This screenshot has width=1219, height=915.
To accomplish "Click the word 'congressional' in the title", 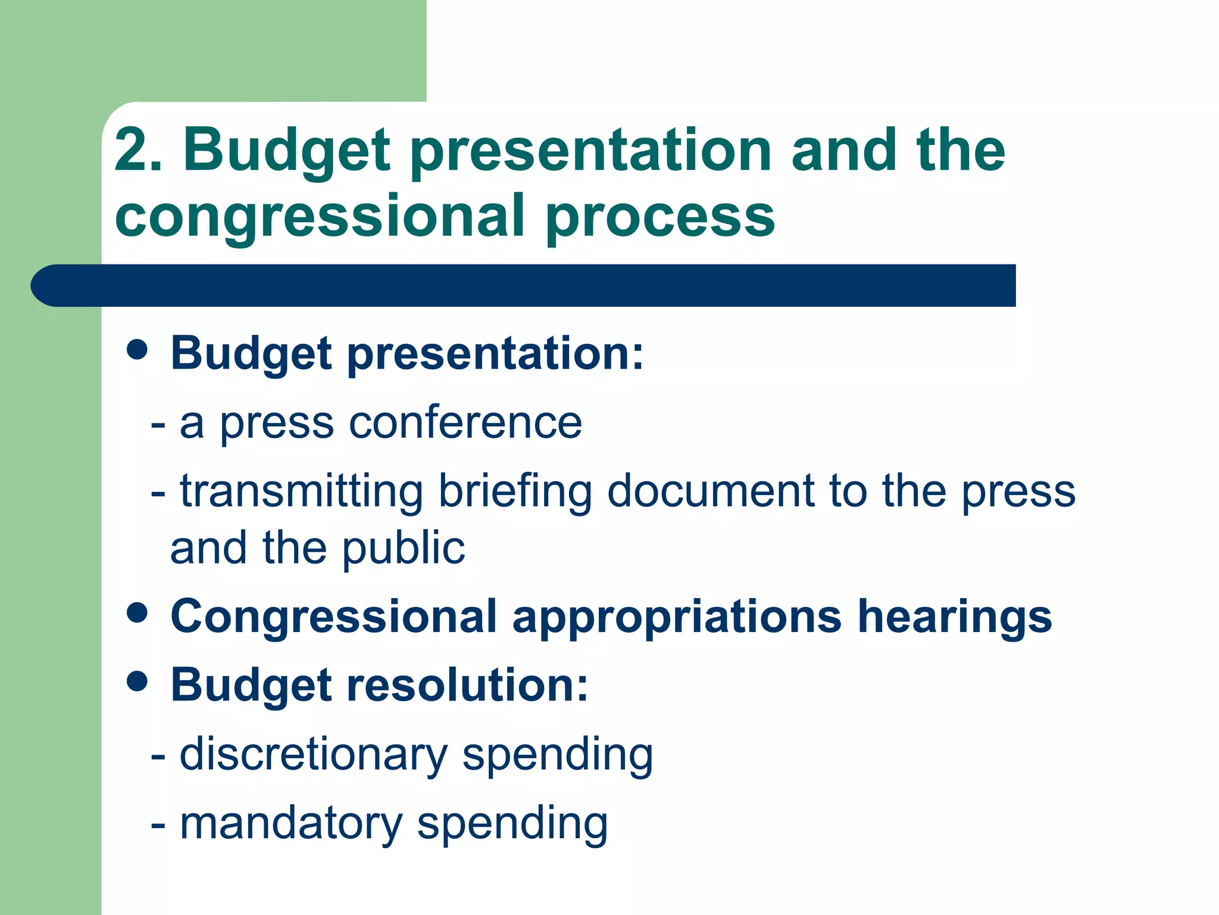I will pyautogui.click(x=320, y=217).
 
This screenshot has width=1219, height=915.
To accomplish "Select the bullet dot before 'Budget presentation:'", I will pyautogui.click(x=137, y=350).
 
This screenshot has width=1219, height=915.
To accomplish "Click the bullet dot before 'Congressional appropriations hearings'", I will pyautogui.click(x=137, y=613).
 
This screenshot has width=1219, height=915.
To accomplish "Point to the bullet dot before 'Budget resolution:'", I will pyautogui.click(x=137, y=681).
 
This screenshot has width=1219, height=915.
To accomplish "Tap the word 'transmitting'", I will pyautogui.click(x=301, y=491).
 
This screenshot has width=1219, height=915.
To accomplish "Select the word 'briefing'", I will pyautogui.click(x=515, y=491).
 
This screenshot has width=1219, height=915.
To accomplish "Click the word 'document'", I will pyautogui.click(x=711, y=491).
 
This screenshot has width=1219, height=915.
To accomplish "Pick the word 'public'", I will pyautogui.click(x=403, y=549).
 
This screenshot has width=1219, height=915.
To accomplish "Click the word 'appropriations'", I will pyautogui.click(x=677, y=617).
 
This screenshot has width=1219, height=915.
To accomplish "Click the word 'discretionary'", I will pyautogui.click(x=313, y=754).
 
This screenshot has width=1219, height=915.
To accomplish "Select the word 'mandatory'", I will pyautogui.click(x=291, y=823).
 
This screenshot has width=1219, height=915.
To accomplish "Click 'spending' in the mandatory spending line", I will pyautogui.click(x=512, y=825).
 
